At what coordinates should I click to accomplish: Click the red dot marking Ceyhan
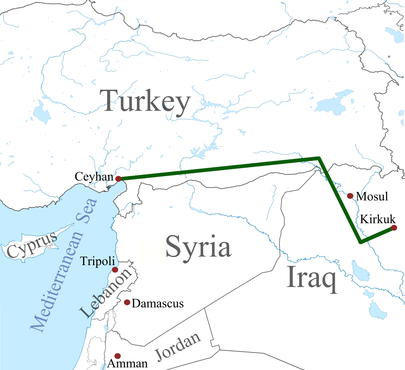tap(118, 179)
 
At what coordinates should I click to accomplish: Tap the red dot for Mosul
tap(350, 196)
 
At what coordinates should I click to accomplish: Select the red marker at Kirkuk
tap(394, 228)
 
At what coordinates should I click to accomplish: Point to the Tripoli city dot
tap(115, 269)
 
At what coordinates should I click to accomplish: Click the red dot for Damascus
tap(127, 302)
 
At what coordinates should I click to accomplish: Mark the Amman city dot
tap(117, 356)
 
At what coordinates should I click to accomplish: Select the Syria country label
tap(198, 247)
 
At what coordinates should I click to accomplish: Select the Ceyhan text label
tap(94, 176)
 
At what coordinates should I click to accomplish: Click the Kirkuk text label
tap(377, 219)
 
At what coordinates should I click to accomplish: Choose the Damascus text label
tap(158, 304)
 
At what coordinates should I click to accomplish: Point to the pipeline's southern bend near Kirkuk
tap(360, 242)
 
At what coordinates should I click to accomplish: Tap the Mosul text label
tap(372, 196)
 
